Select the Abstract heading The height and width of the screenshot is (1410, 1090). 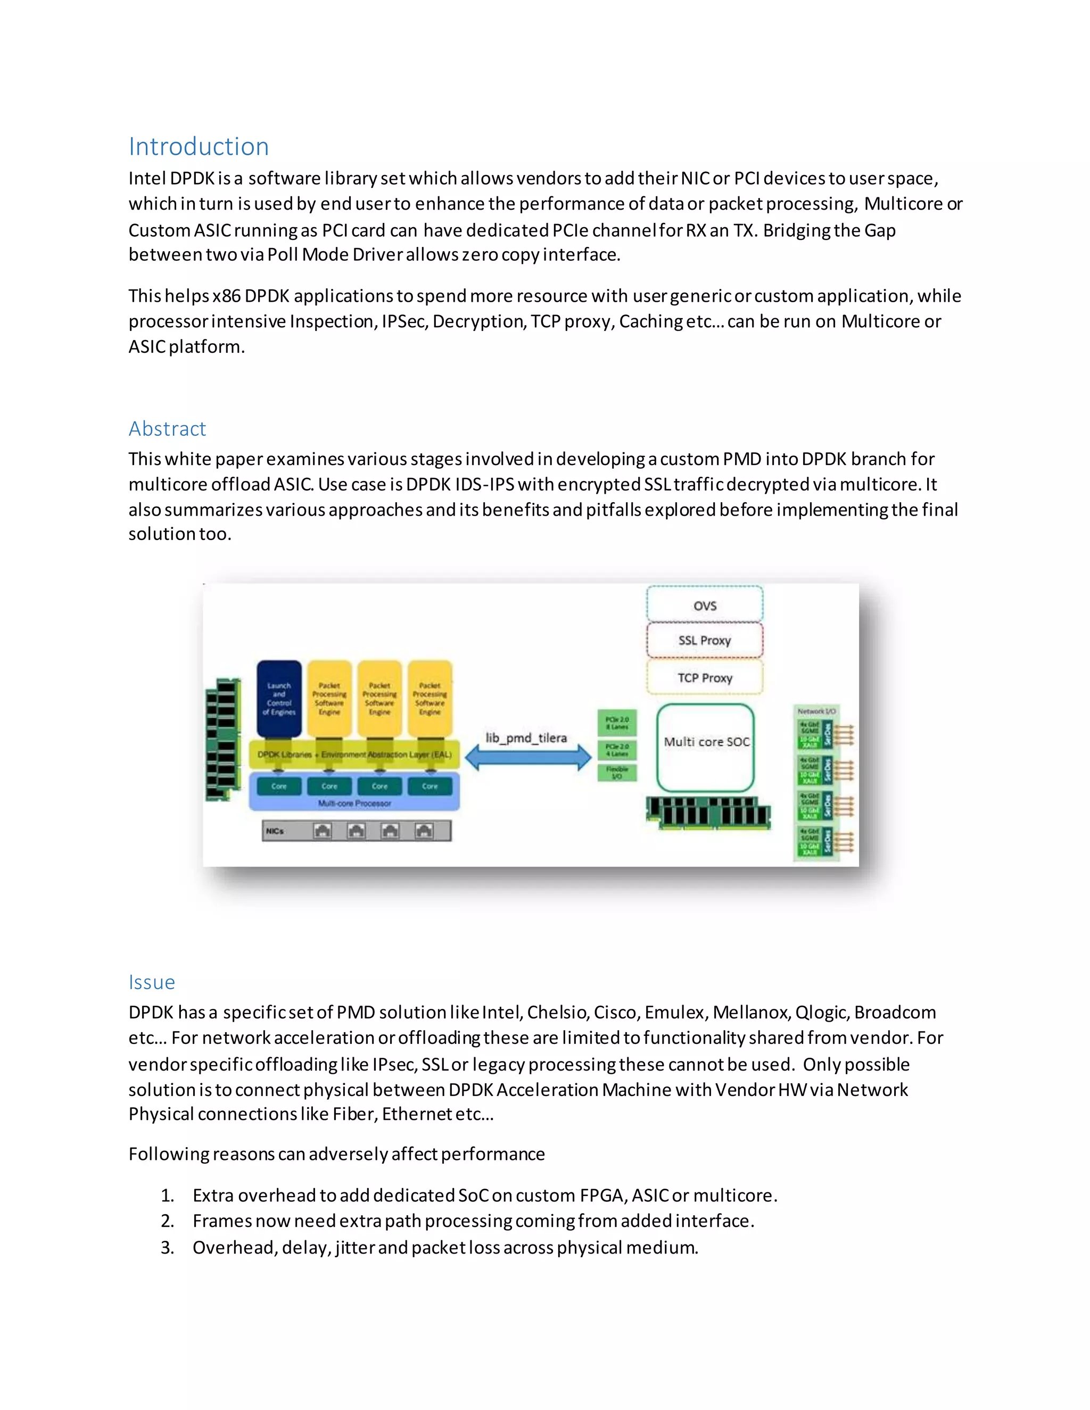click(167, 429)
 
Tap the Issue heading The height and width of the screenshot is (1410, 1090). click(152, 982)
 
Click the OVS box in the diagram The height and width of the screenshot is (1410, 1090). click(705, 605)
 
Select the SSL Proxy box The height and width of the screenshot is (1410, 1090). click(705, 641)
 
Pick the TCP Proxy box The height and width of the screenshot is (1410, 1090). click(705, 677)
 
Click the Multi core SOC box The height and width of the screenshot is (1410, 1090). click(706, 747)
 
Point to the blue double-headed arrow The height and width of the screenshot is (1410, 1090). click(527, 758)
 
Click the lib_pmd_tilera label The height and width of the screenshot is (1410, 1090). click(526, 737)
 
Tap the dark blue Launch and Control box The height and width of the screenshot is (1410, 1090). click(279, 699)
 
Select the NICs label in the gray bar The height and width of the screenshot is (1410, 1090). click(275, 831)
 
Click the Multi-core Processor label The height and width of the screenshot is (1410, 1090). click(354, 803)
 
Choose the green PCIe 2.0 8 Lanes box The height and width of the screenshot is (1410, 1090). click(617, 723)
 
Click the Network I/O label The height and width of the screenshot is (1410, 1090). click(816, 711)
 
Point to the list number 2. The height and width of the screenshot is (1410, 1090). click(167, 1221)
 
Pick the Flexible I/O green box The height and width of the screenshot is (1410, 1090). click(617, 772)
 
